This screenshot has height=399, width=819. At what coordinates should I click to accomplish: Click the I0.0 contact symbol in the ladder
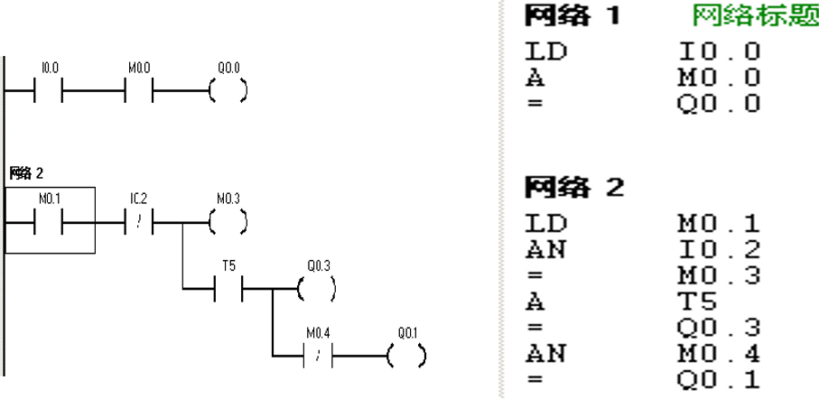(x=49, y=91)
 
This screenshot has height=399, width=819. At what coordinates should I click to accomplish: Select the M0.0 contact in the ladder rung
(x=139, y=91)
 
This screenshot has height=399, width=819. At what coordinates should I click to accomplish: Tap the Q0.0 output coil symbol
(x=228, y=91)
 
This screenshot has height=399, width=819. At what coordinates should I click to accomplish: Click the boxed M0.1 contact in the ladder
(x=49, y=220)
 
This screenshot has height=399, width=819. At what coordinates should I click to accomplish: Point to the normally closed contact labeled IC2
(x=139, y=220)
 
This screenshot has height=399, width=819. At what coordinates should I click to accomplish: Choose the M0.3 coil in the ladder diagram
(x=228, y=220)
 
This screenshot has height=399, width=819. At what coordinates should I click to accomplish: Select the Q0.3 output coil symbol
(x=317, y=289)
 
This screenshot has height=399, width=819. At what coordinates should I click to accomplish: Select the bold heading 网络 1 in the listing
(x=572, y=15)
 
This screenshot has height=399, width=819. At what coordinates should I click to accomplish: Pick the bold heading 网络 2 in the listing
(x=572, y=189)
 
